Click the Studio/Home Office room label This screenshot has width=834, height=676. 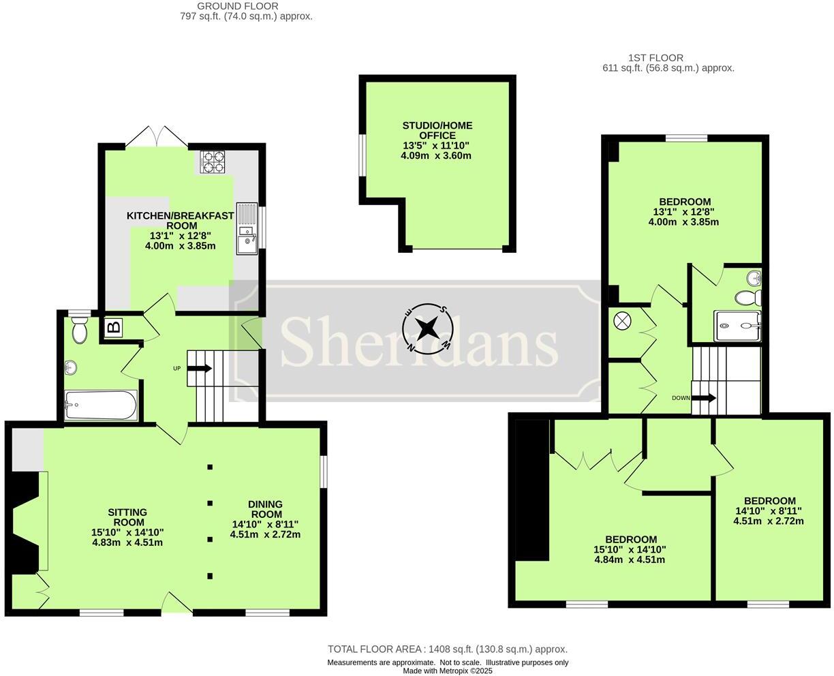[x=436, y=131]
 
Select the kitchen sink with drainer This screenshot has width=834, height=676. [x=247, y=228]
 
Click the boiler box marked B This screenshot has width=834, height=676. [x=114, y=327]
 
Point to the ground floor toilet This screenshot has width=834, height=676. [x=80, y=330]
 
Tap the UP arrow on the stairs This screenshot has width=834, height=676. [x=200, y=369]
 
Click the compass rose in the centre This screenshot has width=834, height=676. [x=427, y=329]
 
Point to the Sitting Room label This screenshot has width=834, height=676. [x=127, y=517]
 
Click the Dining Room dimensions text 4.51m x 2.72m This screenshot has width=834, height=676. [x=265, y=534]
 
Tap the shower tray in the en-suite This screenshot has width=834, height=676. [x=737, y=326]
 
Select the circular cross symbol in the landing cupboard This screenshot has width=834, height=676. [x=623, y=320]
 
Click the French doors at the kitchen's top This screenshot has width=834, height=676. [x=156, y=137]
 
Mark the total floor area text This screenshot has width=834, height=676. [x=447, y=649]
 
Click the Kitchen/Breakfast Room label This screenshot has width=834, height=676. [x=180, y=220]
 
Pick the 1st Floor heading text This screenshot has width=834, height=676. [x=655, y=58]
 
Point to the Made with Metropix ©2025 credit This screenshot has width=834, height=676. [x=447, y=671]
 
